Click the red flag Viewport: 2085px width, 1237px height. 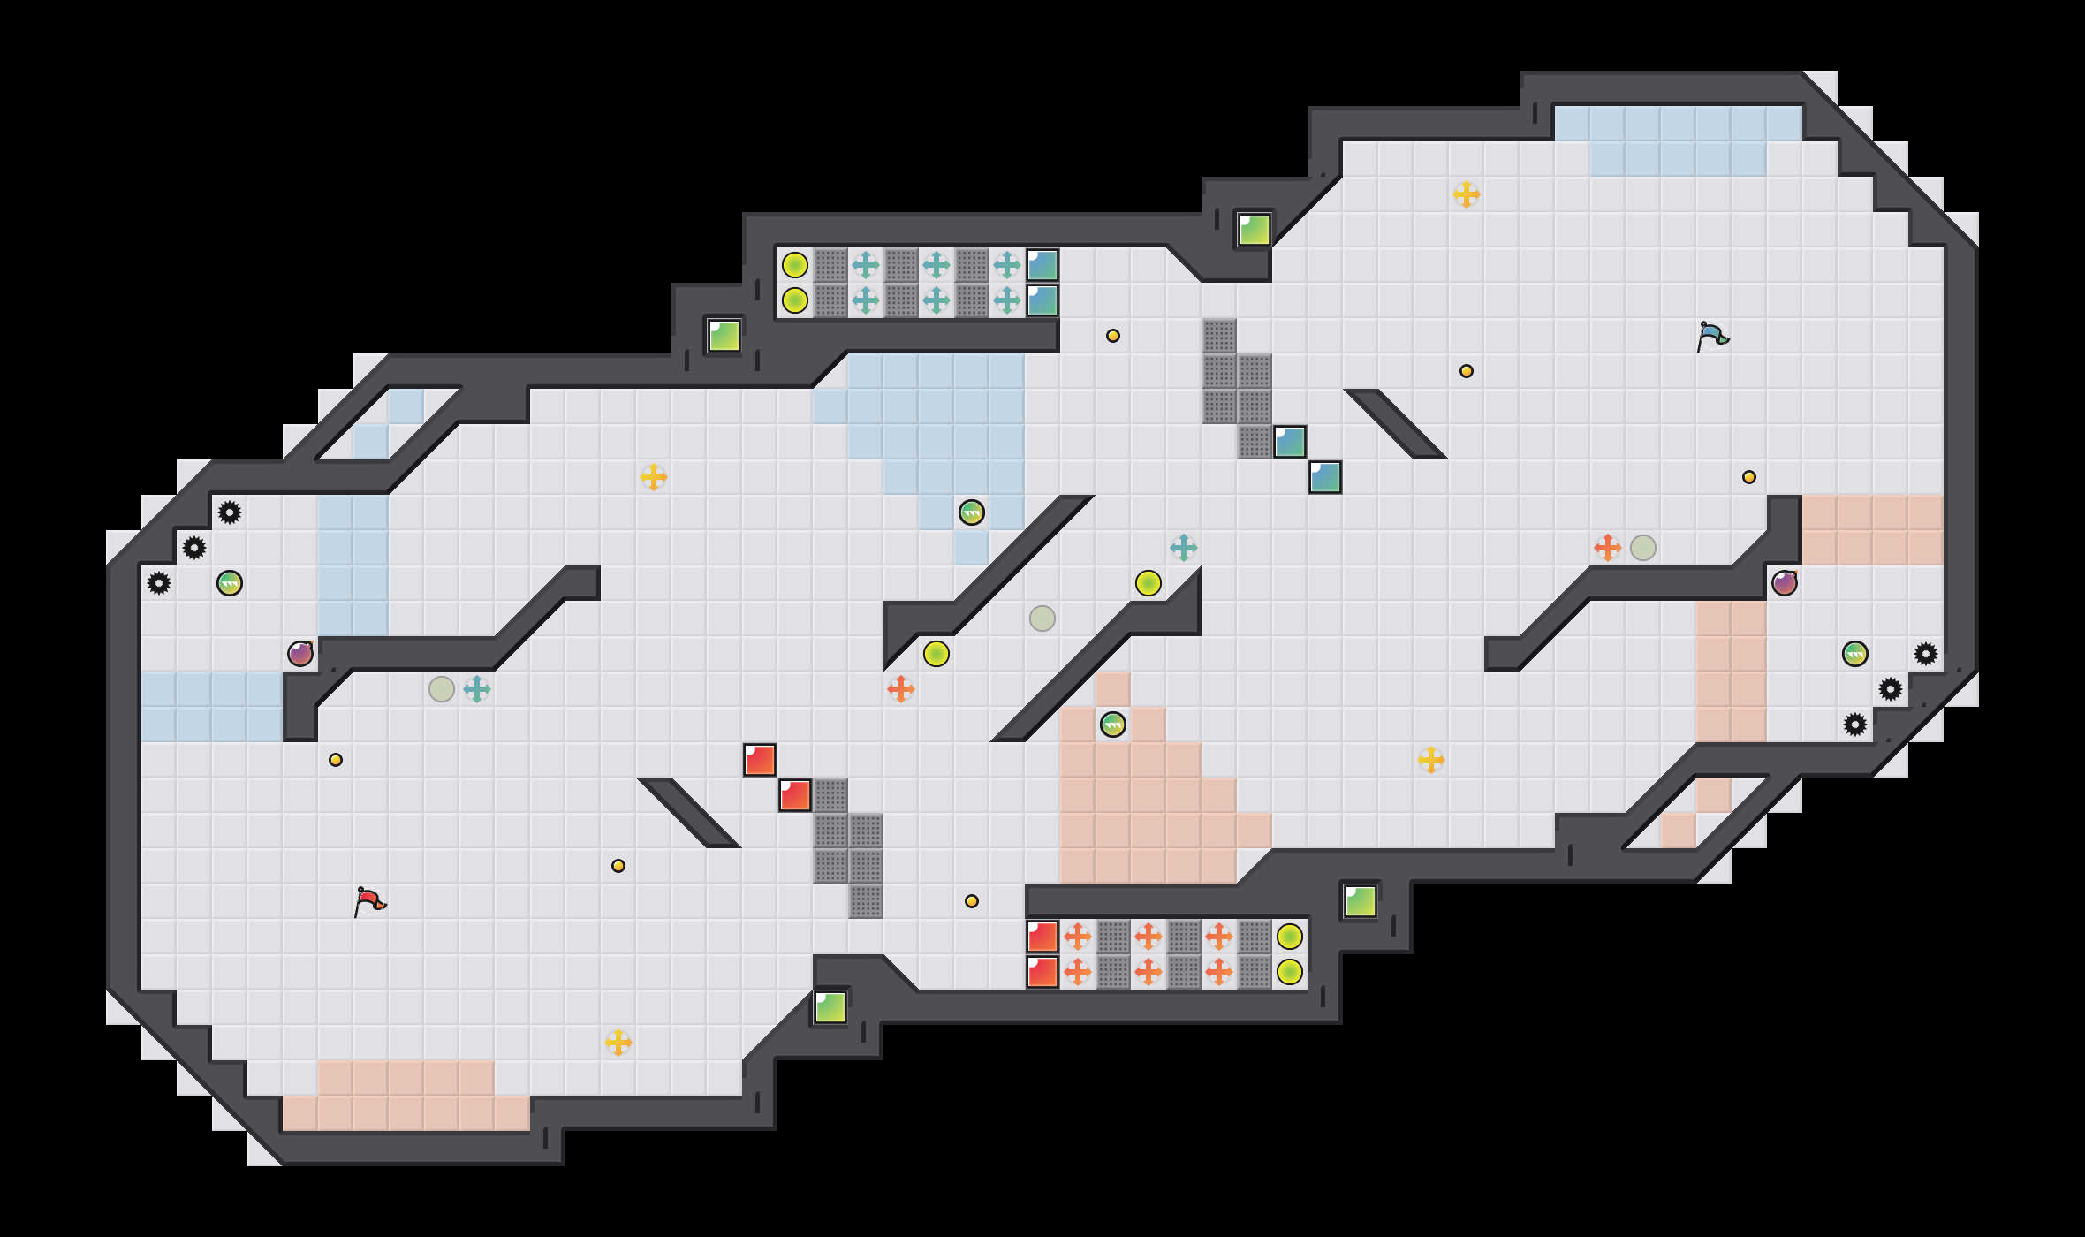coord(369,901)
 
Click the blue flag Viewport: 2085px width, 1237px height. coord(1712,336)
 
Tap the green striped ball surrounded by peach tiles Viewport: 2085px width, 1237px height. coord(1113,725)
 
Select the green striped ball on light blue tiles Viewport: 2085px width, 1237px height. coord(972,512)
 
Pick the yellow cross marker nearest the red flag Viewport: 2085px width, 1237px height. coord(618,1043)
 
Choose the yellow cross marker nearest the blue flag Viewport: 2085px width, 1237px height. coord(1467,194)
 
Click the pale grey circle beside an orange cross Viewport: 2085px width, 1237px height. coord(1643,548)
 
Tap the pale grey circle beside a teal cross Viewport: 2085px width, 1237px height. coord(442,689)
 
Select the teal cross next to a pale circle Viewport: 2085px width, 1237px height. coord(477,689)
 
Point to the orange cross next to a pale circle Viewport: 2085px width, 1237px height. coord(1608,548)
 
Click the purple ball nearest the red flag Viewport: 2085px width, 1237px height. coord(300,654)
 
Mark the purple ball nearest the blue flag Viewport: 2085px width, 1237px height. coord(1785,583)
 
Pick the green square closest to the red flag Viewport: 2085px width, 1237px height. coord(830,1007)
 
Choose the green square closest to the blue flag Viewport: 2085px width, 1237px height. coord(1255,230)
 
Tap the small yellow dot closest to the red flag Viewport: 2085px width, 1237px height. coord(336,760)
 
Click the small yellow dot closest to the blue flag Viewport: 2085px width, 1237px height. coord(1749,477)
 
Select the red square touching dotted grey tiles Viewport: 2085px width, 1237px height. coord(795,795)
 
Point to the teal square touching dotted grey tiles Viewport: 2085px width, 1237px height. coord(1290,442)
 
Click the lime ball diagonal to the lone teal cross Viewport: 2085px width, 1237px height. coord(1149,583)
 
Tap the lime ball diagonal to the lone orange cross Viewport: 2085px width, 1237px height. coord(936,654)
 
